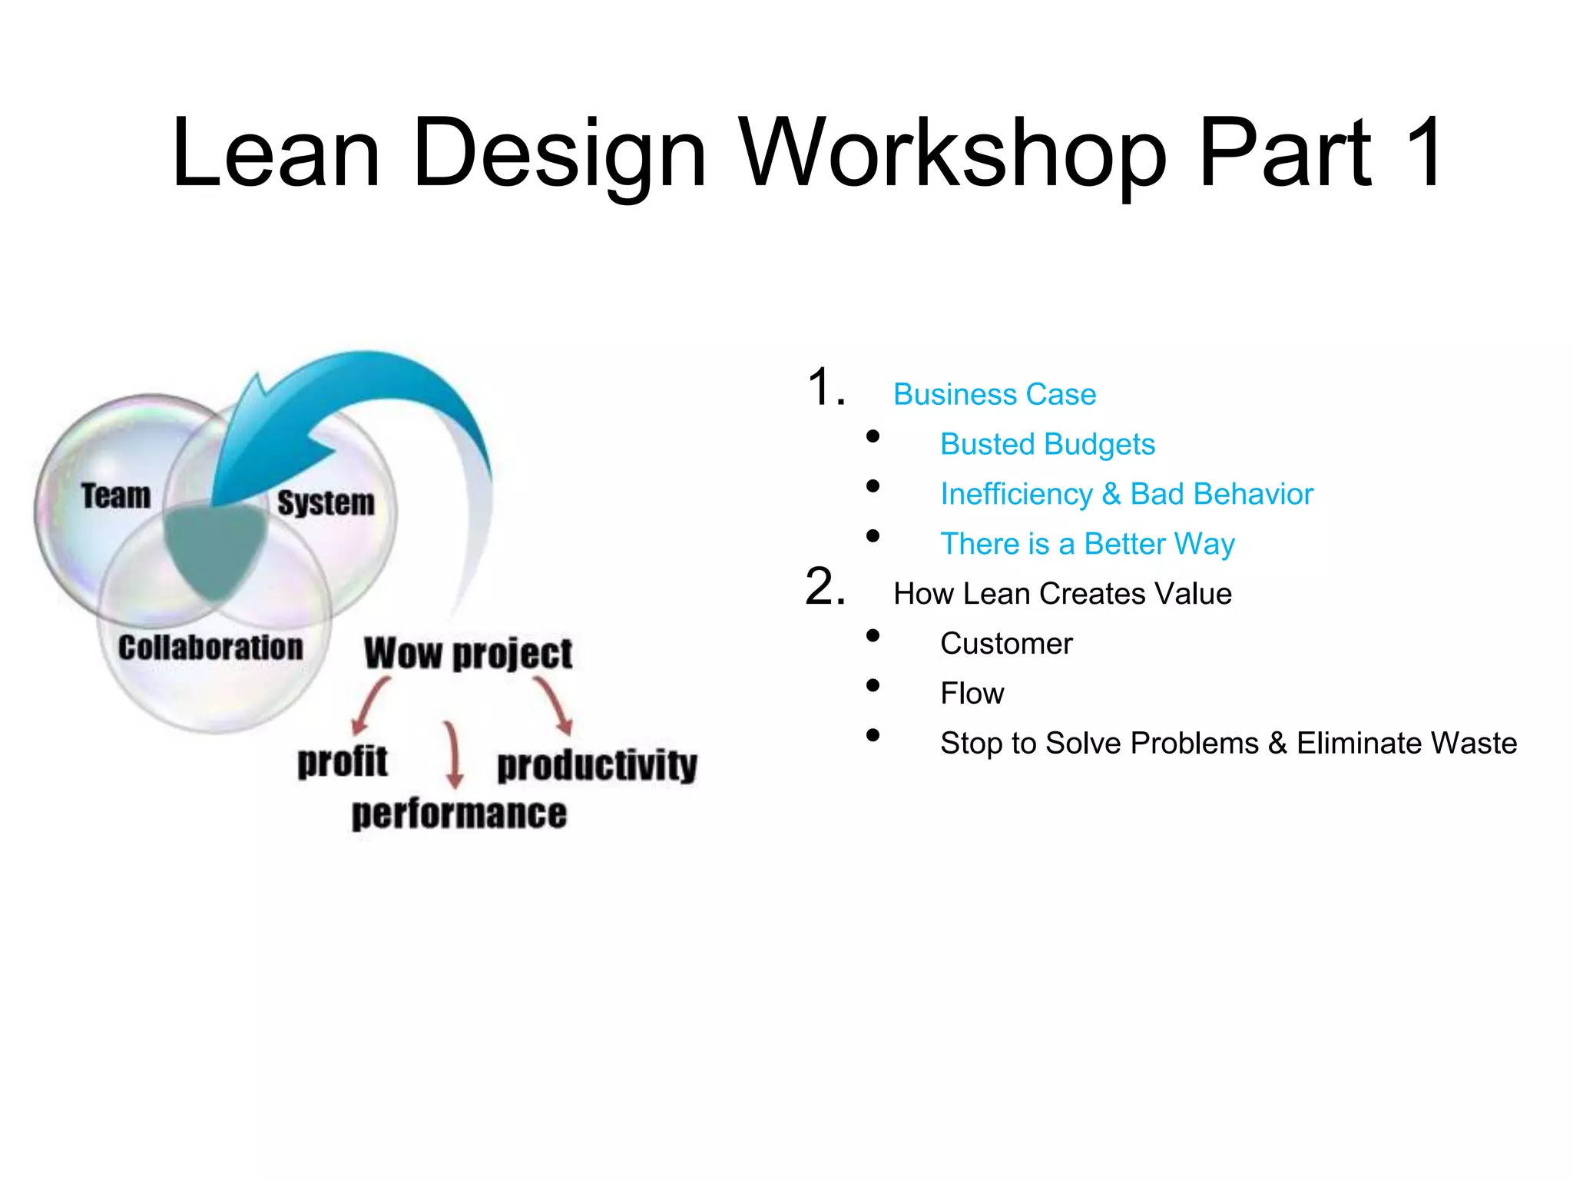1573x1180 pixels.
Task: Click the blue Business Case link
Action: tap(994, 394)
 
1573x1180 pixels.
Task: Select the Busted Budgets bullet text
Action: tap(1047, 444)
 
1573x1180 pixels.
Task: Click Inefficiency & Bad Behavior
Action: tap(1126, 494)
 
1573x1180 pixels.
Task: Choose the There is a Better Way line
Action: tap(1087, 544)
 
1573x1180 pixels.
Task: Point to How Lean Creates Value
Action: tap(1062, 594)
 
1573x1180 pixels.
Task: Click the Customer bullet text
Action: tap(1005, 644)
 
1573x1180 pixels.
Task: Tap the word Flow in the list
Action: tap(972, 694)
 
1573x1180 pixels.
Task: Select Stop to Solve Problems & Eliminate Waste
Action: tap(1227, 744)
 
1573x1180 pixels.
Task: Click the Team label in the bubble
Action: tap(116, 496)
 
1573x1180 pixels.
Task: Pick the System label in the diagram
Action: tap(326, 503)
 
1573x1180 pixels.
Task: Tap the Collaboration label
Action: tap(210, 648)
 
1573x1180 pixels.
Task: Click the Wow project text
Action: tap(468, 654)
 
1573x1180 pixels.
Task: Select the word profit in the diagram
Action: tap(343, 762)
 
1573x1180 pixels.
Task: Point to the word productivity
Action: tap(597, 766)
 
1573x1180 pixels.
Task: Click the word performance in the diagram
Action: tap(459, 814)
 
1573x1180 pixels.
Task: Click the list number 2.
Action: tap(825, 588)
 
